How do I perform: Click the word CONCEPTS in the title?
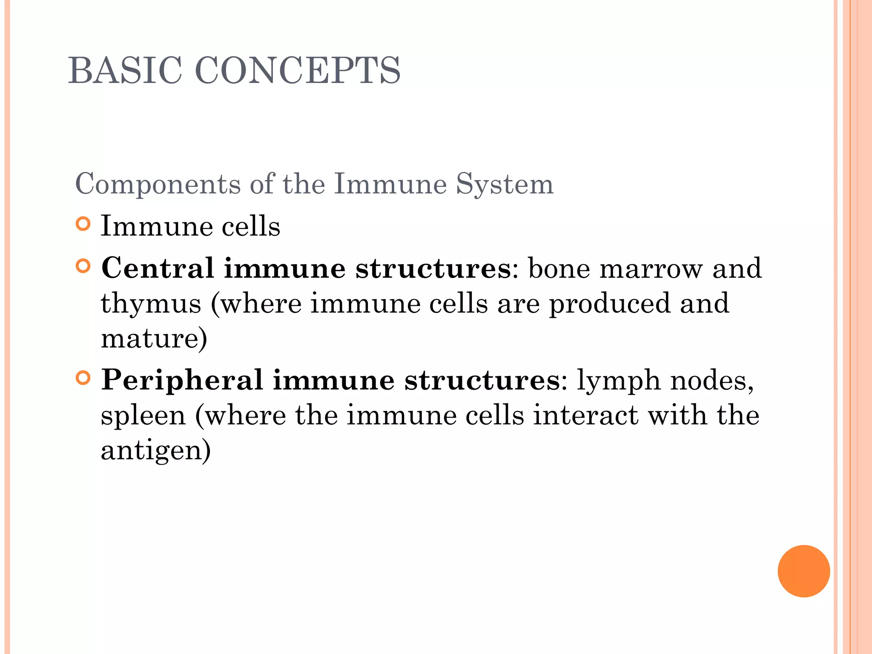click(x=298, y=71)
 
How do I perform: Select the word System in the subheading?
click(x=505, y=184)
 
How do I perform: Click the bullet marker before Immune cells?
click(x=83, y=224)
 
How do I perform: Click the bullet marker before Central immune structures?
click(x=83, y=267)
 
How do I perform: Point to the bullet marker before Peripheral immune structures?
click(x=83, y=378)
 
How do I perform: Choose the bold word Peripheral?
click(x=182, y=380)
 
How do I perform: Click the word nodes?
click(x=711, y=380)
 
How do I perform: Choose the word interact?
click(x=586, y=416)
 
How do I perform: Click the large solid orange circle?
click(x=803, y=571)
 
